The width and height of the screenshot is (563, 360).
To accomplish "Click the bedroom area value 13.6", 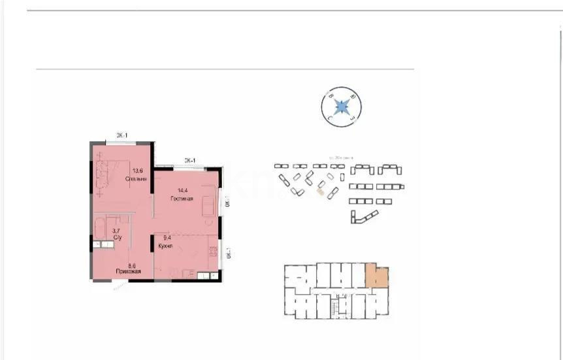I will (139, 167).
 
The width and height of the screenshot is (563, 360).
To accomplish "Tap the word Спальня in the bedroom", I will (137, 178).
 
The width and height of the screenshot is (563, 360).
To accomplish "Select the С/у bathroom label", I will (118, 238).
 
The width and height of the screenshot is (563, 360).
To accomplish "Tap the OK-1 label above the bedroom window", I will (122, 135).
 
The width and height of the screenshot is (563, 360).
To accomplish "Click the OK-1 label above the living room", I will (189, 159).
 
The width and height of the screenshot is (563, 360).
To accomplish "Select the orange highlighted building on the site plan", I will (320, 192).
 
